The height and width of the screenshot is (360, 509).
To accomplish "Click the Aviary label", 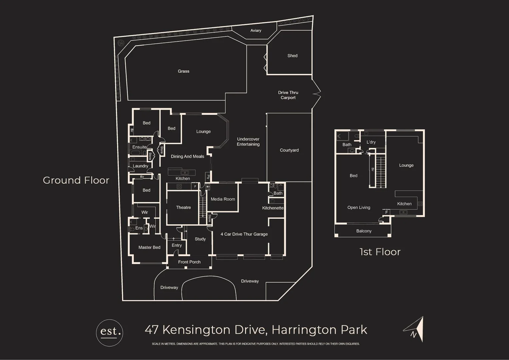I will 256,31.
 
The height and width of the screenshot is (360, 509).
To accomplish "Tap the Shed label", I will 292,56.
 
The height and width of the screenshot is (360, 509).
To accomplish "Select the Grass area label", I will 183,71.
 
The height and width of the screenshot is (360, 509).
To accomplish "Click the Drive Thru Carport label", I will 288,95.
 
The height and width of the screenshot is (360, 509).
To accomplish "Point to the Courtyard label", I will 289,150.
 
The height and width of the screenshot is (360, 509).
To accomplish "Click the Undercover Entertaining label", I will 248,142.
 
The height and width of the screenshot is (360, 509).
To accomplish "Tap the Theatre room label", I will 183,208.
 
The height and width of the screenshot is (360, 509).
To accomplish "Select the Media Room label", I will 223,199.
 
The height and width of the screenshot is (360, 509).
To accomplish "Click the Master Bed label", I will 149,247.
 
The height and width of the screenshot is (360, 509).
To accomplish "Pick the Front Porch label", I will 189,262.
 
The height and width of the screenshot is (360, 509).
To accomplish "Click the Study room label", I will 200,239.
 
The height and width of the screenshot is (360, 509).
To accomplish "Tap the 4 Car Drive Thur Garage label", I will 244,234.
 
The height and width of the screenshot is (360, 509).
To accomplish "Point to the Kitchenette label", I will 273,208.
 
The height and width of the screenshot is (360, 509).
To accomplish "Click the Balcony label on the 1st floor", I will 364,231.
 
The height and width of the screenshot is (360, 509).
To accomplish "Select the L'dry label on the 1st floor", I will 371,142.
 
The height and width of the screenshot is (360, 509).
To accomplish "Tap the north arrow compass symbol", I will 415,330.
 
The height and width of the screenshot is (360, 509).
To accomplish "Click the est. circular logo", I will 109,332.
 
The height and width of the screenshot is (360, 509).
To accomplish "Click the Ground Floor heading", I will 76,180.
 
